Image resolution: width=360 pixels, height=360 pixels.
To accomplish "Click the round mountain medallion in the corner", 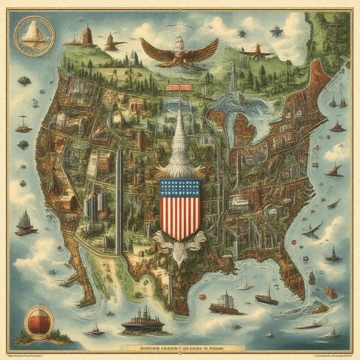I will click(34, 36).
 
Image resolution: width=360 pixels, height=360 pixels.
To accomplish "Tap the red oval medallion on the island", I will click(39, 322).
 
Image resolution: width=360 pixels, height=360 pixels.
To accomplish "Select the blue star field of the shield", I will click(180, 188).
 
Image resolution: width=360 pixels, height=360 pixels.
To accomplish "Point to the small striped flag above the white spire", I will click(179, 87).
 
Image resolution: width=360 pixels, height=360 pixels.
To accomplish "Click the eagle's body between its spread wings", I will click(180, 53).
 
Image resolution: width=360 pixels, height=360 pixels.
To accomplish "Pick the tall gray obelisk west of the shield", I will click(119, 200).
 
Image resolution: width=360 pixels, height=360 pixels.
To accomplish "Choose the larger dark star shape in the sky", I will click(276, 31).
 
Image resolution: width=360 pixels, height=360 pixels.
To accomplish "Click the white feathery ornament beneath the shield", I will click(180, 246).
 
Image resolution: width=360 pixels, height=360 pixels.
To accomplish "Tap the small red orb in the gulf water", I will click(202, 297).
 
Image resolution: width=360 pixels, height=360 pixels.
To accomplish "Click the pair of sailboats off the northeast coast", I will click(337, 100).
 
